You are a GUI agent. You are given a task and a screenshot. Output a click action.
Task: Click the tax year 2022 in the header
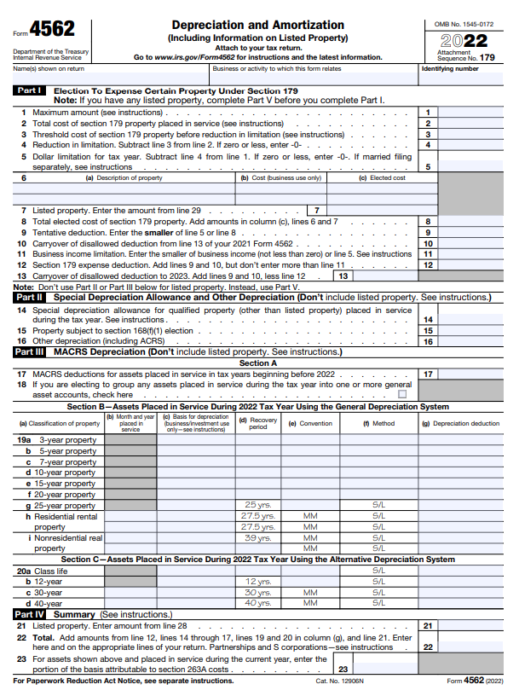pos(464,41)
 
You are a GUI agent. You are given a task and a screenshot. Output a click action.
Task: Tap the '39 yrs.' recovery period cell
pos(257,538)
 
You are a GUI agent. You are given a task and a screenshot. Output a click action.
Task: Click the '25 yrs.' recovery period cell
pos(257,505)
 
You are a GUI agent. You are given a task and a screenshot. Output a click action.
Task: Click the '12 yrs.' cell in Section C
pos(257,581)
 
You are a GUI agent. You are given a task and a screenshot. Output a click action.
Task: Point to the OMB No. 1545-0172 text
pos(464,25)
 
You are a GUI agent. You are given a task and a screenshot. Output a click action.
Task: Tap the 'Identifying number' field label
pos(450,69)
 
